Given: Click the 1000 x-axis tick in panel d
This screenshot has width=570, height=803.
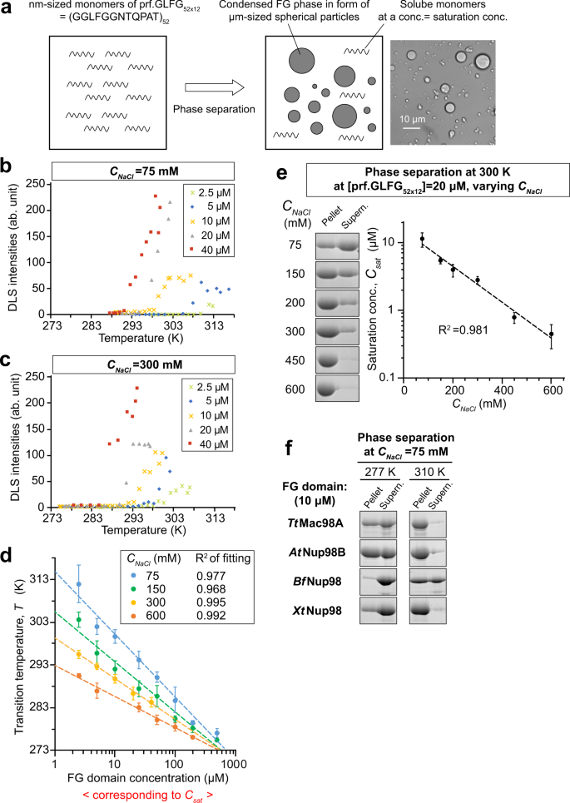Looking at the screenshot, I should click(235, 762).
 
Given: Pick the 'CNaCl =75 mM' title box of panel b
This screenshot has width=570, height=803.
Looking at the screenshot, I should click(136, 171).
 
